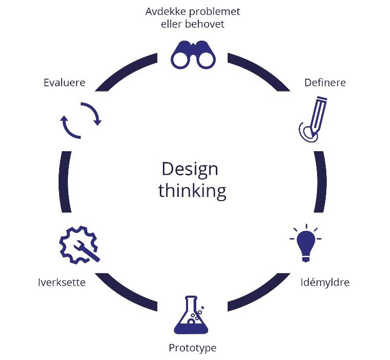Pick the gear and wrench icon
point(78,245)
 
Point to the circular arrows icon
point(81,120)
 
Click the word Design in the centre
point(190,169)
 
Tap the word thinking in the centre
point(192,191)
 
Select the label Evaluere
point(64,83)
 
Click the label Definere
point(325,83)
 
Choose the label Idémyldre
point(324,282)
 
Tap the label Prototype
point(192,348)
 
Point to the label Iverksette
point(62,282)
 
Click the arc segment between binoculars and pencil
point(262,70)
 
